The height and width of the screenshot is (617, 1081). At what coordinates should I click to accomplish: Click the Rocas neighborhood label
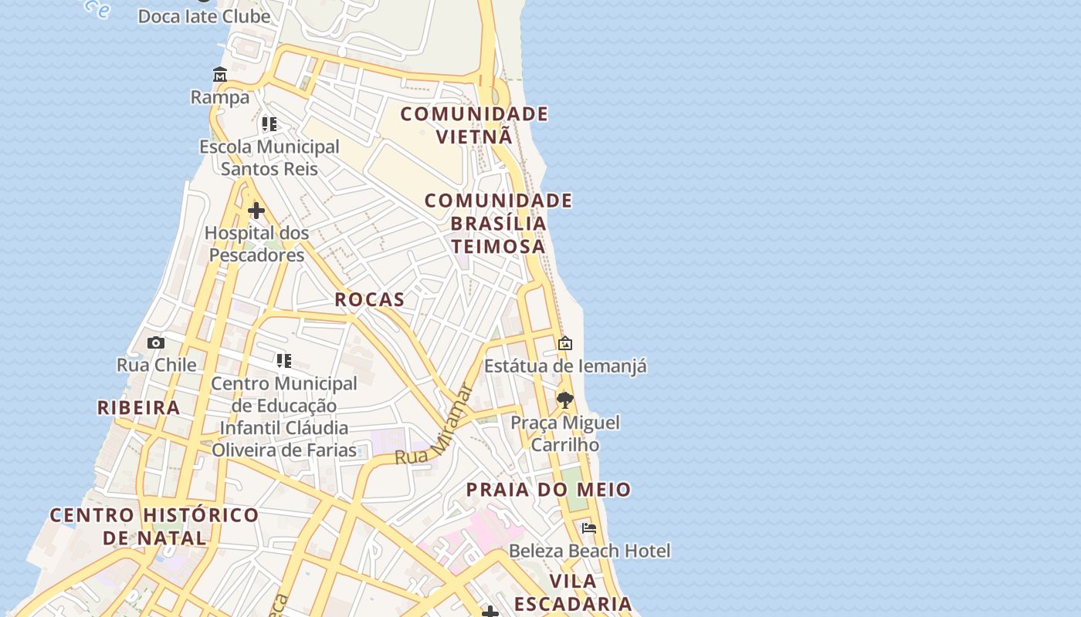tap(369, 299)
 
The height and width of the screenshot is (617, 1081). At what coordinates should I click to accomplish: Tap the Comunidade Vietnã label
tap(474, 125)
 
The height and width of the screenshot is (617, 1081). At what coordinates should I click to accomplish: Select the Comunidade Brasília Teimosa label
tap(498, 223)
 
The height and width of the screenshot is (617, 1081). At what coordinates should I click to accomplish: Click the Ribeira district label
tap(138, 407)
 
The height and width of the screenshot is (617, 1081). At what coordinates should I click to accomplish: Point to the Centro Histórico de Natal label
tap(154, 526)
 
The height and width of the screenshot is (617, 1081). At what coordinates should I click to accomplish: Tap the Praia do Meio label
tap(548, 489)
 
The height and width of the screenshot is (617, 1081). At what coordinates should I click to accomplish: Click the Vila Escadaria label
tap(573, 592)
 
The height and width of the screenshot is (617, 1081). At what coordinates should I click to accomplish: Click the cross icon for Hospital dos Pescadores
tap(256, 210)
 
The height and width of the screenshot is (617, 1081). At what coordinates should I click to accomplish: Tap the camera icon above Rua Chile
tap(156, 342)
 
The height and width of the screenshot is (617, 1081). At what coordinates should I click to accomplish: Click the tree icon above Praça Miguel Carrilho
tap(565, 400)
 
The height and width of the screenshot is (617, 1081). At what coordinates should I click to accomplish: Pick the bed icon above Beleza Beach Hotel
tap(589, 528)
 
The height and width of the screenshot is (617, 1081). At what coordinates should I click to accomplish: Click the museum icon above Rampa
tap(220, 75)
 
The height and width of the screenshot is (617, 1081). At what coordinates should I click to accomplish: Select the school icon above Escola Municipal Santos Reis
tap(269, 123)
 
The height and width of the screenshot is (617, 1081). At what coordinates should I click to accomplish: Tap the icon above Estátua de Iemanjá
tap(565, 343)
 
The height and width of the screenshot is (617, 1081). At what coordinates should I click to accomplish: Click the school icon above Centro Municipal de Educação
tap(283, 360)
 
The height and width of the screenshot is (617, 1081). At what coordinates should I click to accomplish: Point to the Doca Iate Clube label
tap(204, 15)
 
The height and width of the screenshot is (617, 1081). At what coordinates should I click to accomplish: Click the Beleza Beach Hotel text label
tap(589, 551)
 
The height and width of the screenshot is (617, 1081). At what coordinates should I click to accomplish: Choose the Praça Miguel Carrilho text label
tap(565, 433)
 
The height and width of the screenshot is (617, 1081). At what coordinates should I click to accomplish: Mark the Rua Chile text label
tap(156, 365)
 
